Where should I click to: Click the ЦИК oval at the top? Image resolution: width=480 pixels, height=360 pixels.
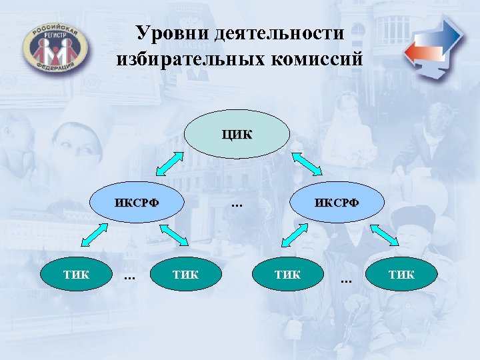click(x=237, y=135)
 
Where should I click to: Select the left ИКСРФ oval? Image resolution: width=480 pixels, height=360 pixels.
click(x=136, y=202)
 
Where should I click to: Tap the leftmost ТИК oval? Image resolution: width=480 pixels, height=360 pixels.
click(x=76, y=273)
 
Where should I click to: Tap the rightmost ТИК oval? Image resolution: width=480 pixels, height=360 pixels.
click(x=401, y=273)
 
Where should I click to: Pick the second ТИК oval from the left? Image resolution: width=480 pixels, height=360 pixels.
click(x=186, y=273)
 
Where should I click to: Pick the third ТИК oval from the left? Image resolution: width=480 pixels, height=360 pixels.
click(x=288, y=273)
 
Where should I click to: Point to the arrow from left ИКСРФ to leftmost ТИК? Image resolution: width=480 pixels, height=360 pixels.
click(x=93, y=235)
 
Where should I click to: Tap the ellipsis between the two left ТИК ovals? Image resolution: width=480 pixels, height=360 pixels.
click(x=131, y=275)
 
